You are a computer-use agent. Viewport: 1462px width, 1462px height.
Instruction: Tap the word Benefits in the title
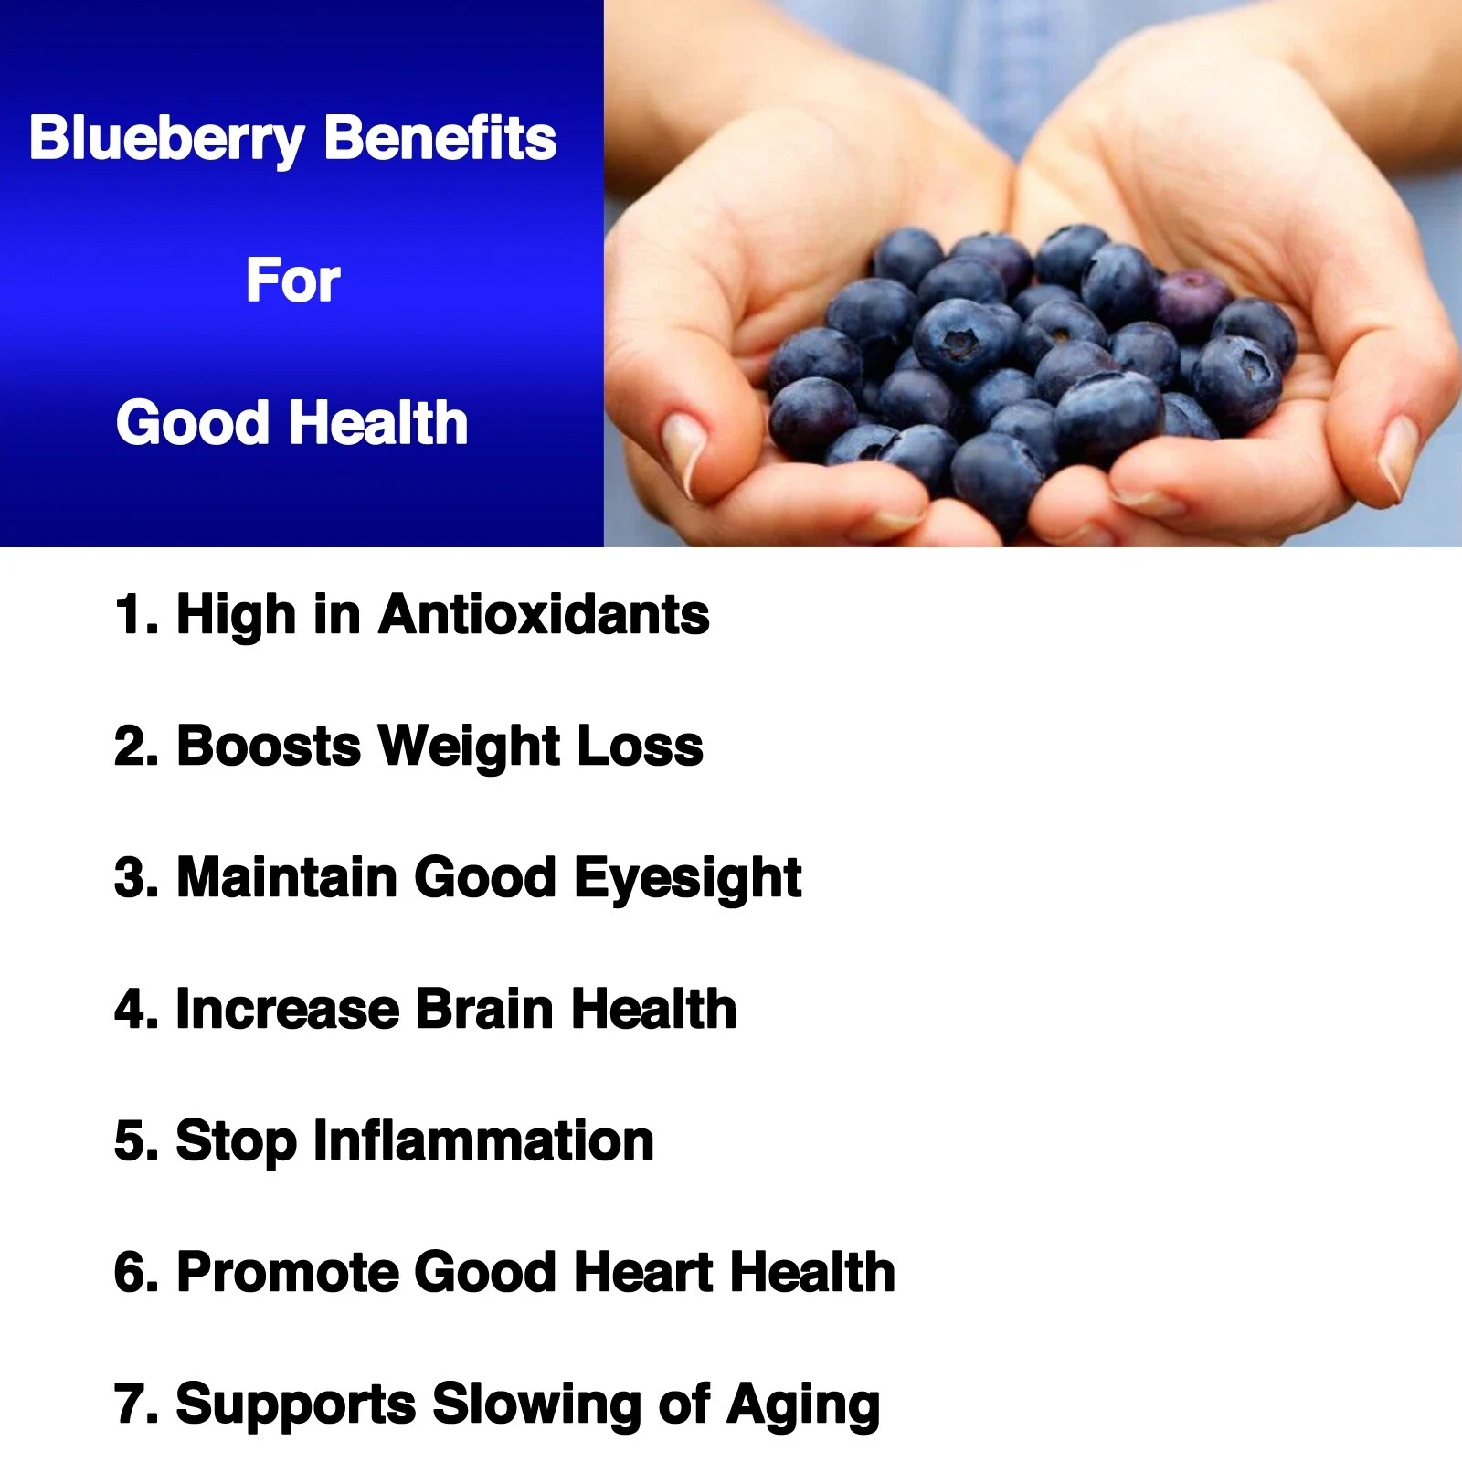(440, 138)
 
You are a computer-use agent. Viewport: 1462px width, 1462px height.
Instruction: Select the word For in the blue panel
(292, 281)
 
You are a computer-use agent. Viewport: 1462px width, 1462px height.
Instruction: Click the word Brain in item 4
(484, 1009)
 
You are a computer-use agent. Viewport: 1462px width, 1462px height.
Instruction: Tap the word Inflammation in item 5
(483, 1140)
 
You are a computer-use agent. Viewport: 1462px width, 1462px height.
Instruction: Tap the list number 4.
(131, 1009)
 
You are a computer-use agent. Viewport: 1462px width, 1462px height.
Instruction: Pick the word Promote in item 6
(288, 1272)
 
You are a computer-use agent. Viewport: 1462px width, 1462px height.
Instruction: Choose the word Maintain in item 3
(287, 877)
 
